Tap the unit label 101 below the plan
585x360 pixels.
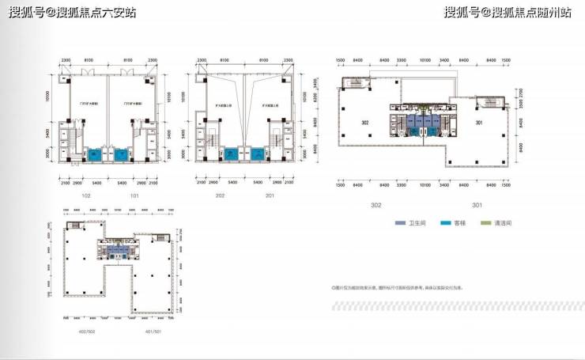[x=134, y=195]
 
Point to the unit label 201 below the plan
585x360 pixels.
[x=270, y=195]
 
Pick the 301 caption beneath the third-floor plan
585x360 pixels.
[x=477, y=205]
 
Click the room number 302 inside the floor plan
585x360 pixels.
[x=366, y=122]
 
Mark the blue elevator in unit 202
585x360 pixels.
[x=231, y=154]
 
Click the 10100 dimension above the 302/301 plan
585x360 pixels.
[x=425, y=59]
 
